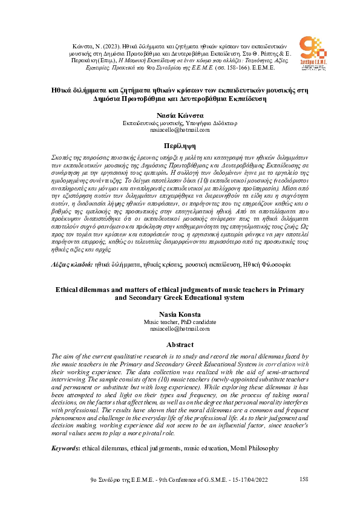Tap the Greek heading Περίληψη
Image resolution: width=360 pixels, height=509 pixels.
180,146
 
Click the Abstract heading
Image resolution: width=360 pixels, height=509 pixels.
180,345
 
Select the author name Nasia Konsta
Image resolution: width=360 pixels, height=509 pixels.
180,314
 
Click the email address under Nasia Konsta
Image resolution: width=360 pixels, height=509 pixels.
180,329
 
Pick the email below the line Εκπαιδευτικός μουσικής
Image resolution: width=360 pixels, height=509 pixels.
180,129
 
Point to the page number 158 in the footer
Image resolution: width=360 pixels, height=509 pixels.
304,479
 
